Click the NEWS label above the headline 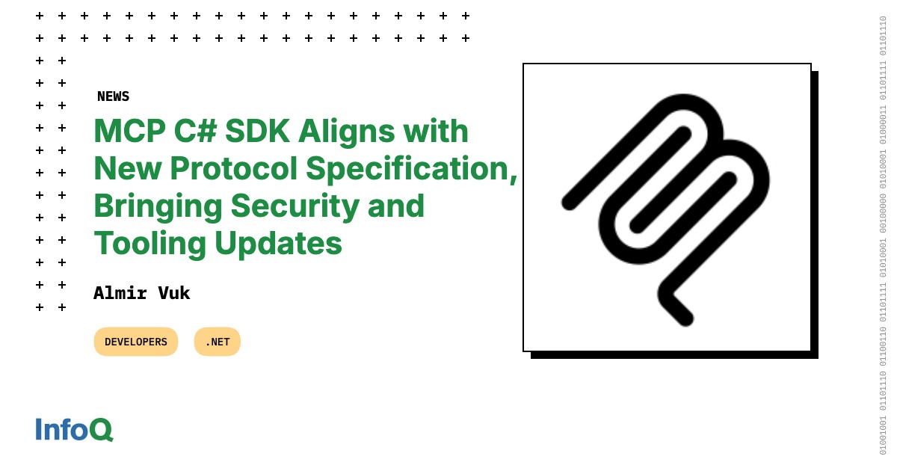pyautogui.click(x=114, y=96)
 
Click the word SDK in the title pyautogui.click(x=257, y=131)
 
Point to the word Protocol pyautogui.click(x=234, y=168)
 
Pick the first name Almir pyautogui.click(x=120, y=293)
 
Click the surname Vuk pyautogui.click(x=174, y=293)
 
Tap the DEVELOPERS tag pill pyautogui.click(x=136, y=342)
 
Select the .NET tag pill pyautogui.click(x=218, y=342)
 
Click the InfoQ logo pyautogui.click(x=75, y=429)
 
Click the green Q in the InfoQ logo pyautogui.click(x=102, y=430)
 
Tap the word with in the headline pyautogui.click(x=436, y=131)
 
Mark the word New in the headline pyautogui.click(x=128, y=168)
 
